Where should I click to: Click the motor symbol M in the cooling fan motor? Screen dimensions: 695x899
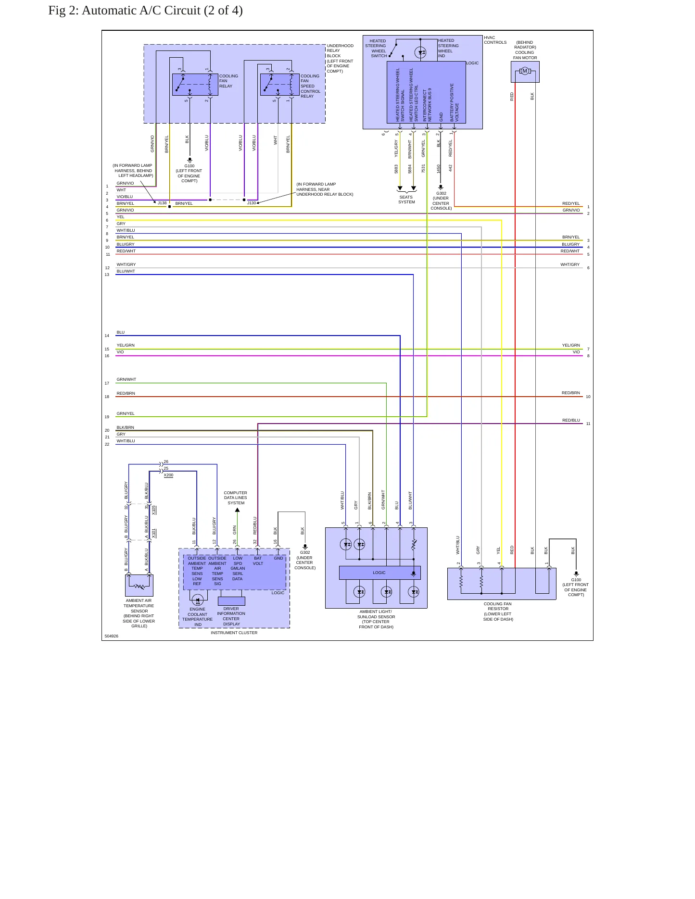pos(525,71)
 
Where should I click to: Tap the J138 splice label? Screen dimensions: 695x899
pos(162,203)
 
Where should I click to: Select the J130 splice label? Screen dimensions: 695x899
pos(252,203)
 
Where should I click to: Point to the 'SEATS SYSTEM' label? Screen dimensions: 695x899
pos(406,200)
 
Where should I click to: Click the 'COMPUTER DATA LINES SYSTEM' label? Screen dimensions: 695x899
pos(236,498)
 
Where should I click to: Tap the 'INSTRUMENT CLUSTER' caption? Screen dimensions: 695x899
pos(234,633)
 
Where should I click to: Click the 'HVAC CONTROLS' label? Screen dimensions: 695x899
pos(495,40)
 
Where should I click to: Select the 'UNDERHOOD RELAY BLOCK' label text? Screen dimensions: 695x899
pos(340,51)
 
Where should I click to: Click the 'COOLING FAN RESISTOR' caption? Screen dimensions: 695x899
pos(498,606)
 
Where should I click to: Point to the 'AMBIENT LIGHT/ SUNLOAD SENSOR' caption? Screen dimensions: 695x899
pos(376,614)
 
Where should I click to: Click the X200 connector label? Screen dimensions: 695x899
pos(168,475)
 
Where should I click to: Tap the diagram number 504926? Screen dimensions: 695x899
pos(112,636)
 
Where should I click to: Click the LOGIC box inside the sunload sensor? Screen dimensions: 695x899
pos(379,573)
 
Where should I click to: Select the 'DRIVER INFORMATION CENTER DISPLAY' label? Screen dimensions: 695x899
pos(231,616)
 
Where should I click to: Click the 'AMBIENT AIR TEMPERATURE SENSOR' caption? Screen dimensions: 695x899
pos(139,606)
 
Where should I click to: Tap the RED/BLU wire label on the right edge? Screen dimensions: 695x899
pos(571,420)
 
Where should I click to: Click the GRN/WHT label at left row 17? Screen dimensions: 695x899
pos(126,379)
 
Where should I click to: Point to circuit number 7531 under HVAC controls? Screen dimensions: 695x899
pos(423,168)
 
